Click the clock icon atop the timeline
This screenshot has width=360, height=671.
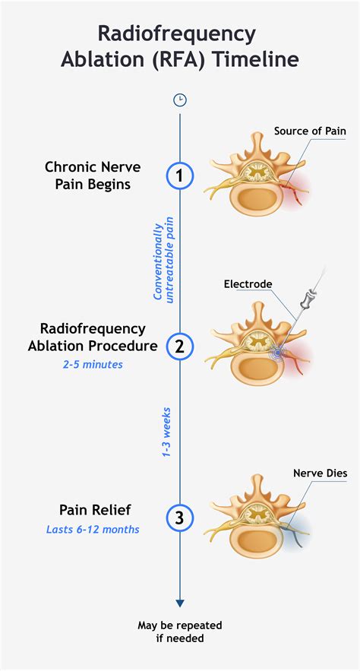180,100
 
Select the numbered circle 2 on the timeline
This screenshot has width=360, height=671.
180,347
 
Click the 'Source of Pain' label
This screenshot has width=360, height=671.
309,131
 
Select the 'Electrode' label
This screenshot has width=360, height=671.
248,284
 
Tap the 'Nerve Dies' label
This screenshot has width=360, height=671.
320,473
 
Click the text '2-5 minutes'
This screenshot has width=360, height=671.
92,364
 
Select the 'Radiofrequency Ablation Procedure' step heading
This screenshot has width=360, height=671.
92,337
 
